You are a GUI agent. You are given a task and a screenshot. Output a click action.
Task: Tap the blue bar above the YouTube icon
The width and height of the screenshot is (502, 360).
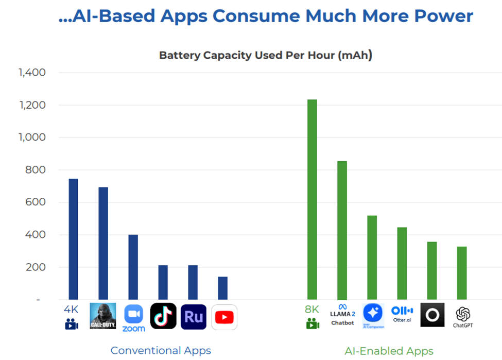pos(223,288)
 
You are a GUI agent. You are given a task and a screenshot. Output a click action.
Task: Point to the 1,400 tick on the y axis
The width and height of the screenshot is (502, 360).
pos(32,73)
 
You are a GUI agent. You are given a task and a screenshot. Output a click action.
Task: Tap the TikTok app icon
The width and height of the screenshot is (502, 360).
pos(163,316)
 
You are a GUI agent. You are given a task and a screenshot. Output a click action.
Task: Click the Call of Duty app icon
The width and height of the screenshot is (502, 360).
pos(103,316)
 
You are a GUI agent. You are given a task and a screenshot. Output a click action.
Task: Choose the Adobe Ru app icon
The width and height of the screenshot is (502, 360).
pos(194,317)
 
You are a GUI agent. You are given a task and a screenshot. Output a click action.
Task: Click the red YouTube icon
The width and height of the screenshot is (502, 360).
pos(224,317)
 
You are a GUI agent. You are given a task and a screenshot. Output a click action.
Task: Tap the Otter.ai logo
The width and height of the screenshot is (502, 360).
pos(402,314)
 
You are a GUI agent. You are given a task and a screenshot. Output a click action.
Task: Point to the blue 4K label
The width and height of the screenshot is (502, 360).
pos(71,310)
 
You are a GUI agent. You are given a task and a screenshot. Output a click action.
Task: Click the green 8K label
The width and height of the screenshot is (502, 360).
pos(312,310)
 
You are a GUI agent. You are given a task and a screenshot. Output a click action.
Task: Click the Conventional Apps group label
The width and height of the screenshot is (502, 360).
pos(161,351)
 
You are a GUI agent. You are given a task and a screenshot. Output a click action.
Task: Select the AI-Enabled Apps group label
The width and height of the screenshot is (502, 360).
pos(389,351)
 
